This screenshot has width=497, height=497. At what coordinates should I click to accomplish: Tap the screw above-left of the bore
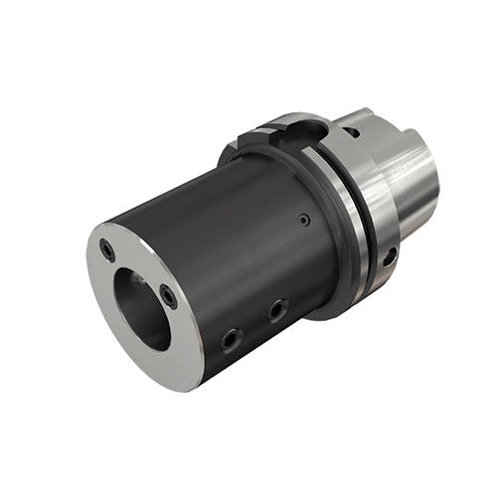coord(107,249)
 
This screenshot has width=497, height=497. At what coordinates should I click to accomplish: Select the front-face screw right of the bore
coord(169,295)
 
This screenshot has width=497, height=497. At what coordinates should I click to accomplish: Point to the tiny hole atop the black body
coord(305,219)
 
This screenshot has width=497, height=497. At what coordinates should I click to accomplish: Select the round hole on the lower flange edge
coord(390,255)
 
